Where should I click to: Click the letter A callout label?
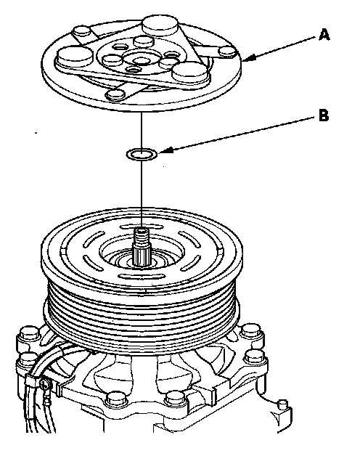point(324,35)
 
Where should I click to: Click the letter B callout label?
point(324,115)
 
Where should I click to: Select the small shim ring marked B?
point(142,154)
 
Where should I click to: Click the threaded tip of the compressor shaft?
point(142,235)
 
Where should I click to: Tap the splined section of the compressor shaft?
point(142,256)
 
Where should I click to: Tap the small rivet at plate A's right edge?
point(228,52)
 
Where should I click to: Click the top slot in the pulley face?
point(141,227)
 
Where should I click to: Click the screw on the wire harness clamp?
point(44,384)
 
